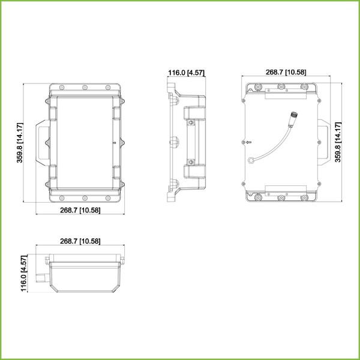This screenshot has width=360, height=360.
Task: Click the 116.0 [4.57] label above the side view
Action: point(186,73)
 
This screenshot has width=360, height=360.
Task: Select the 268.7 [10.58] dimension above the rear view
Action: point(286,72)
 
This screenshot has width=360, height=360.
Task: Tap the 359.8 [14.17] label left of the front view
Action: point(20,143)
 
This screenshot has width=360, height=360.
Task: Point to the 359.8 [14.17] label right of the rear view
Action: point(338,142)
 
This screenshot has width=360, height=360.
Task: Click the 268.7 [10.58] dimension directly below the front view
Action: point(80,210)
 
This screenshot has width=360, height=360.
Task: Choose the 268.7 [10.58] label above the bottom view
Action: point(80,241)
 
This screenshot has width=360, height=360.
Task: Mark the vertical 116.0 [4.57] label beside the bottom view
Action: point(24,273)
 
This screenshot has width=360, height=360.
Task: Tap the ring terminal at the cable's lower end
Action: point(251,160)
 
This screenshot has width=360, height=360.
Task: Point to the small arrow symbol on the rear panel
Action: point(248,142)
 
